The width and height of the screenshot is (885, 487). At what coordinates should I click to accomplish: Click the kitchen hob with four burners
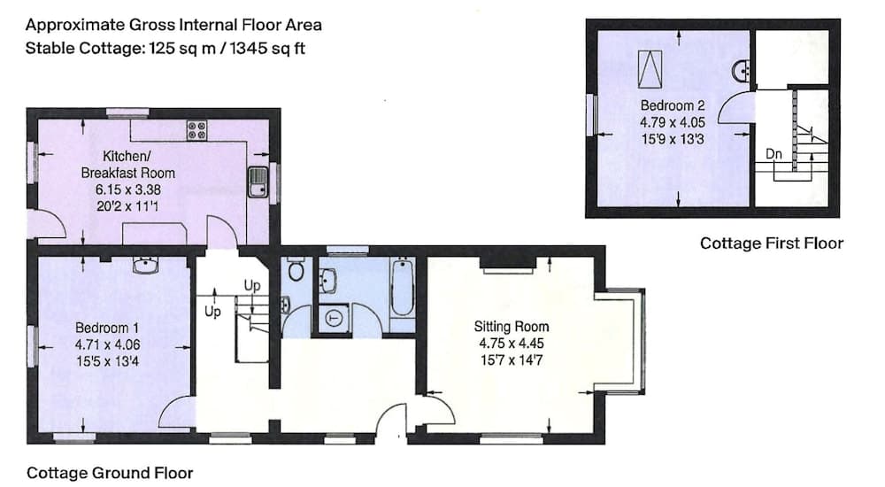[x=196, y=130]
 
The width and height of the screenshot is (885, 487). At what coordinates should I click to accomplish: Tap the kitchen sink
[x=258, y=181]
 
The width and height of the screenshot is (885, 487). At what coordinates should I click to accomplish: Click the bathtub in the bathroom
[x=402, y=289]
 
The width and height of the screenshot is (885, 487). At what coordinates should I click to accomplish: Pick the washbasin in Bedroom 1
[x=144, y=265]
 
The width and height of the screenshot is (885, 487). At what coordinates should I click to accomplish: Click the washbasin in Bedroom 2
[x=742, y=69]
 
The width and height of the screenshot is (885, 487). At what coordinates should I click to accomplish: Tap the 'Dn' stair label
[x=774, y=154]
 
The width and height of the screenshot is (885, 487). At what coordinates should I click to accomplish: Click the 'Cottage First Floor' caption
[x=772, y=243]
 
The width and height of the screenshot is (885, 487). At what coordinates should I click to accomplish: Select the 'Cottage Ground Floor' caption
[x=110, y=473]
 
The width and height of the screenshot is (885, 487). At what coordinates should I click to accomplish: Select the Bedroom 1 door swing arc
[x=177, y=412]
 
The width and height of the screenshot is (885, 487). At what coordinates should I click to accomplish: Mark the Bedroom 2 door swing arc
[x=734, y=111]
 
